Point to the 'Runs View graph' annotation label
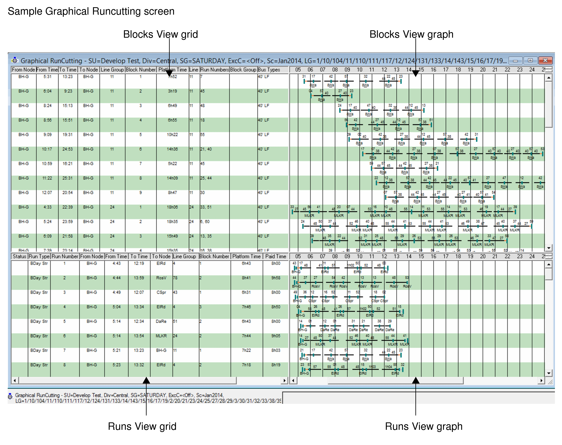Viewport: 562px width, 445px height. pyautogui.click(x=424, y=426)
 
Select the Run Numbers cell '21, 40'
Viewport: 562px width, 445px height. pyautogui.click(x=206, y=149)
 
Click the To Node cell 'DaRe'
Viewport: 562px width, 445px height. pyautogui.click(x=161, y=322)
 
